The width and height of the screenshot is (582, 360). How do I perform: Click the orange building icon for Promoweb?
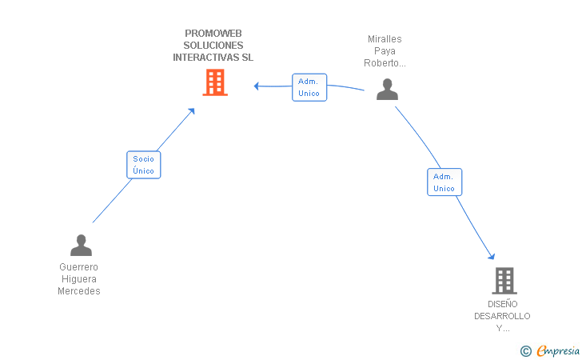pyautogui.click(x=215, y=82)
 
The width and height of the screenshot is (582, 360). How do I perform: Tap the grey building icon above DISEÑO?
pyautogui.click(x=504, y=281)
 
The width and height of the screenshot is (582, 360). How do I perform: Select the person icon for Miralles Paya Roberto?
pyautogui.click(x=387, y=89)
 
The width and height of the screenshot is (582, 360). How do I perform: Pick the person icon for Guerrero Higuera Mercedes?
pyautogui.click(x=81, y=246)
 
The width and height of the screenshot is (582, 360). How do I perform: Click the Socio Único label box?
pyautogui.click(x=144, y=165)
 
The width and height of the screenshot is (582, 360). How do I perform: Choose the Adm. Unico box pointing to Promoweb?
pyautogui.click(x=309, y=87)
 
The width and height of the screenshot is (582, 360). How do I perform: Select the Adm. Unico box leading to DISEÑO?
pyautogui.click(x=444, y=182)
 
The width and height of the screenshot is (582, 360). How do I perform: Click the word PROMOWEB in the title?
pyautogui.click(x=213, y=34)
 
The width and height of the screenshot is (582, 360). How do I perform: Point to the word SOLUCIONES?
pyautogui.click(x=213, y=46)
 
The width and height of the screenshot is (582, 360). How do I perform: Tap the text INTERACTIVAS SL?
pyautogui.click(x=213, y=58)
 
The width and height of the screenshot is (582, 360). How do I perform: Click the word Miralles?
pyautogui.click(x=385, y=39)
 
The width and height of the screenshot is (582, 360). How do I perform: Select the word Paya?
pyautogui.click(x=385, y=51)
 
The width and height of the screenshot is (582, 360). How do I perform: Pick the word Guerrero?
pyautogui.click(x=78, y=266)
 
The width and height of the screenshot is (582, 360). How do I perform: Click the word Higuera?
pyautogui.click(x=79, y=279)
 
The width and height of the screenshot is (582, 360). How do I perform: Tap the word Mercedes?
pyautogui.click(x=79, y=291)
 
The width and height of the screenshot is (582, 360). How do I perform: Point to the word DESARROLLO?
pyautogui.click(x=502, y=316)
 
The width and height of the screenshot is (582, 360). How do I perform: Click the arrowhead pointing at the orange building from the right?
pyautogui.click(x=256, y=86)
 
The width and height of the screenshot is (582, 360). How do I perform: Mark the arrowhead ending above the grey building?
pyautogui.click(x=492, y=256)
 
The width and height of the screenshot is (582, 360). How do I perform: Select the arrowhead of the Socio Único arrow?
pyautogui.click(x=192, y=111)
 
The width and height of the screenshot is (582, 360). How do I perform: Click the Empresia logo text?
pyautogui.click(x=558, y=350)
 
